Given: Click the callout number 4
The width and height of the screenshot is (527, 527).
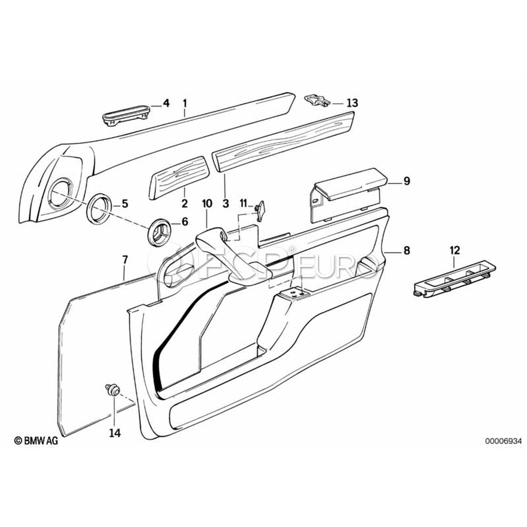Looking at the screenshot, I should click(x=166, y=103).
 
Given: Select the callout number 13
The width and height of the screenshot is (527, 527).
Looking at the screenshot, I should click(x=351, y=103).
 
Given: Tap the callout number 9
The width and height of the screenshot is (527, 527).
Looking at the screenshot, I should click(x=406, y=182).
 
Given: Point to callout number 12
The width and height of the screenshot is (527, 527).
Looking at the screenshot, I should click(x=456, y=251).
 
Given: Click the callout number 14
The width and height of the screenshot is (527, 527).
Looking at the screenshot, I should click(x=114, y=433).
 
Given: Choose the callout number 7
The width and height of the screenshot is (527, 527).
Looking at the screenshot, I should click(x=124, y=258).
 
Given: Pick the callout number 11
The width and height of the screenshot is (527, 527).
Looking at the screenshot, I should click(x=244, y=203).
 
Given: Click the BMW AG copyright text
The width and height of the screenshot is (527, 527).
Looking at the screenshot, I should click(x=36, y=442).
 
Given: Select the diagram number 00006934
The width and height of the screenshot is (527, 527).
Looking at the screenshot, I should click(x=502, y=442).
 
